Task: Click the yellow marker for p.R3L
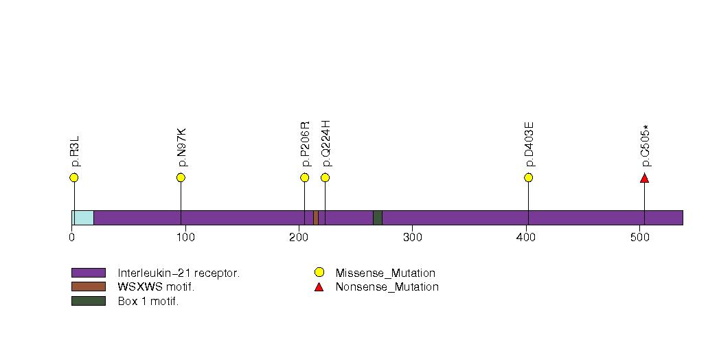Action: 74,177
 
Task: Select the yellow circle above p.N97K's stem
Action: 181,177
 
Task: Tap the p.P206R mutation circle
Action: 304,177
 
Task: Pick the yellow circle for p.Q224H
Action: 325,177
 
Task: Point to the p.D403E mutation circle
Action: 528,177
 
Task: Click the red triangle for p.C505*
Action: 644,178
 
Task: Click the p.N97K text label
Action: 181,147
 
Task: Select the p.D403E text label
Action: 529,144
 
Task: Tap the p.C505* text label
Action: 646,146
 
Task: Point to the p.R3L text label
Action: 76,151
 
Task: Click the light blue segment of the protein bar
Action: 83,218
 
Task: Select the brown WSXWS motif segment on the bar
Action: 316,218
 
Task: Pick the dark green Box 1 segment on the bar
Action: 378,218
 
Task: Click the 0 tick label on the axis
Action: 72,237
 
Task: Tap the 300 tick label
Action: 413,237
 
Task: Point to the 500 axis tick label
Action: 639,237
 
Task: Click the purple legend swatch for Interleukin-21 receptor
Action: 89,273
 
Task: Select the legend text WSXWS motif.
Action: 156,287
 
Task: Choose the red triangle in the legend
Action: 319,287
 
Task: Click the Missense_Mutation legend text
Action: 385,273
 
